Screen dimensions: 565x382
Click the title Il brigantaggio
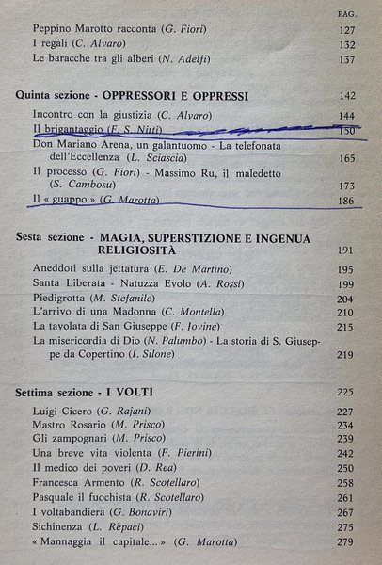pos(69,129)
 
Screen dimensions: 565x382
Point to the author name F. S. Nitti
pos(135,129)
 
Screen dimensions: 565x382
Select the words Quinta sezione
pos(50,96)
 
